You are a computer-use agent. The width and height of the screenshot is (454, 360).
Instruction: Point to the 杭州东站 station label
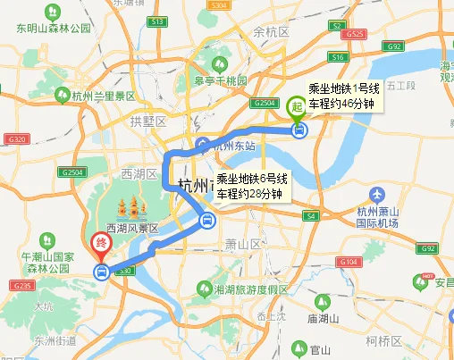coord(235,146)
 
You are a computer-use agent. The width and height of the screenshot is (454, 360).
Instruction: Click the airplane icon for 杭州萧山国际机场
coord(376,195)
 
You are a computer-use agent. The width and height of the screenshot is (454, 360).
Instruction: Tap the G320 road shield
coord(18,139)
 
